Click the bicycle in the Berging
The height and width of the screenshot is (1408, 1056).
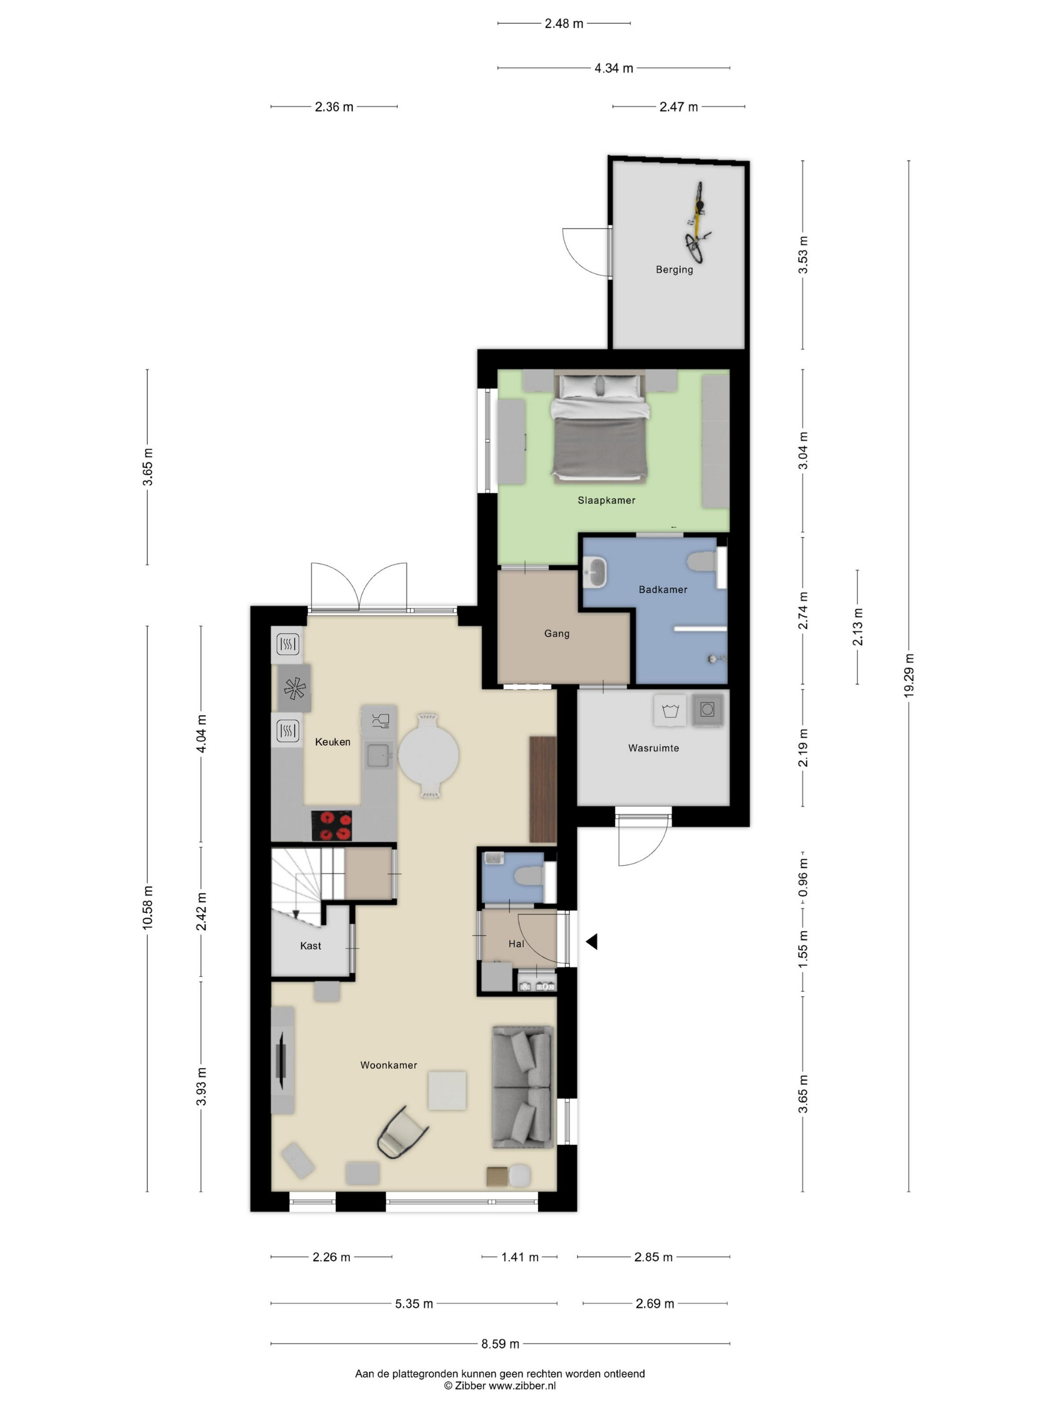[x=697, y=223]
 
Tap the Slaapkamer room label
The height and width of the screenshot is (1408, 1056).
[x=606, y=500]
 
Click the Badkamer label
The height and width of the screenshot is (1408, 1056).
[x=663, y=589]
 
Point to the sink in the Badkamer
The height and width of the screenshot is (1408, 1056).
[x=594, y=572]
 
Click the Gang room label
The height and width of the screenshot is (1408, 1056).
[x=556, y=633]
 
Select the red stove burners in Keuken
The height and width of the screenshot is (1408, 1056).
[x=331, y=826]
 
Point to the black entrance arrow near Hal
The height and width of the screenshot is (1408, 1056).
[x=592, y=941]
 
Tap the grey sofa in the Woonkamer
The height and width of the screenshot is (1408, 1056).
[x=522, y=1087]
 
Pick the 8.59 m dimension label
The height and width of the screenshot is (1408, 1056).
[x=500, y=1344]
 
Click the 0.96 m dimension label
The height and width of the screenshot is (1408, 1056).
[x=803, y=877]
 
